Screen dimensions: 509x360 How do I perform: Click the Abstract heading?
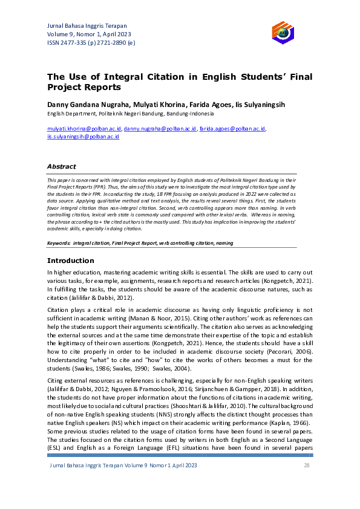point(62,166)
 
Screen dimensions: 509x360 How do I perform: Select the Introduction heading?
point(71,261)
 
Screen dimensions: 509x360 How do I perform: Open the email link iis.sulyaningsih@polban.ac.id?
point(83,137)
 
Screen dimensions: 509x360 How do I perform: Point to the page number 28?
point(307,465)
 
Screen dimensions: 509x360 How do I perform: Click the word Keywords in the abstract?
point(59,243)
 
